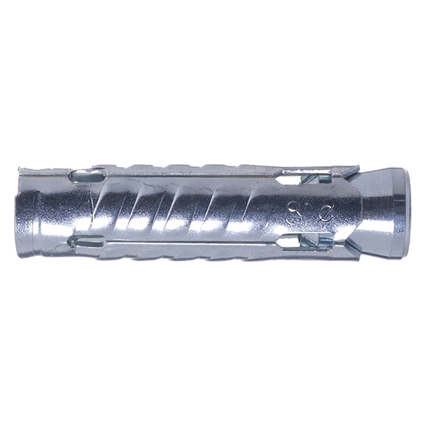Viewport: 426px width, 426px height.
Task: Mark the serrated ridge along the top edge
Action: tap(183, 167)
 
